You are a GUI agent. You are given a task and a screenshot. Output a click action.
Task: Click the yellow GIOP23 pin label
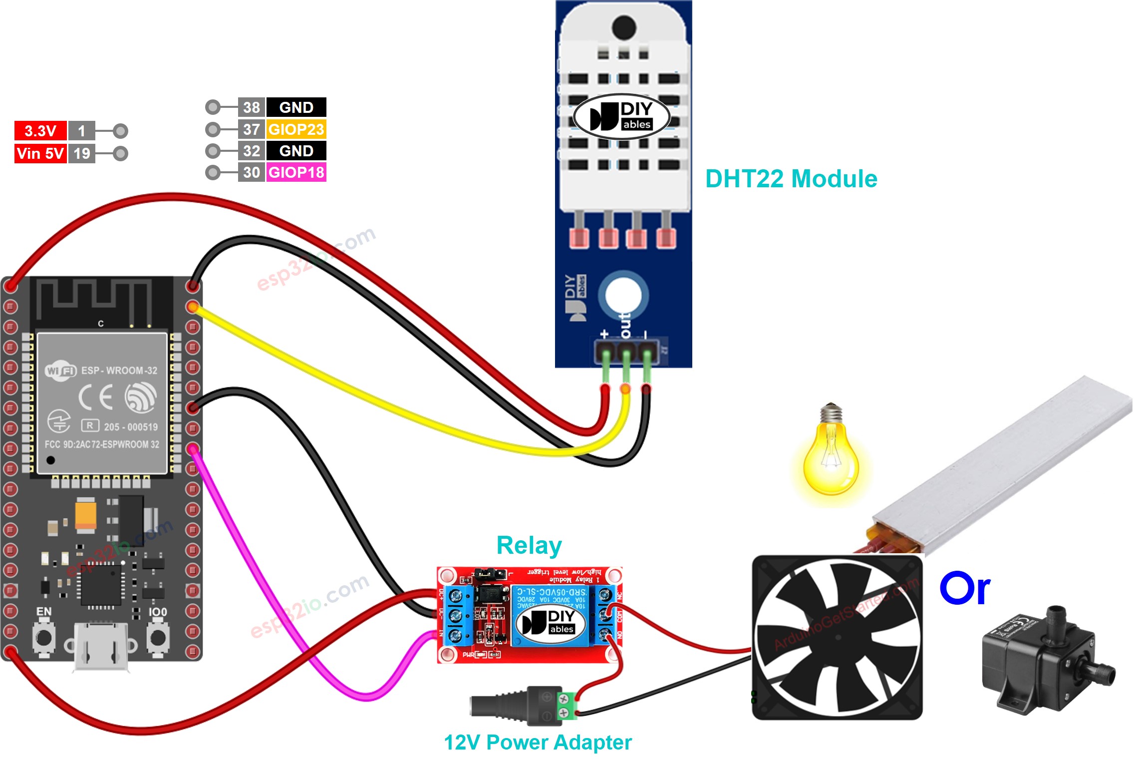[x=296, y=129]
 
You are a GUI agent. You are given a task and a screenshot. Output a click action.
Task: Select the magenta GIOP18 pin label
[x=296, y=172]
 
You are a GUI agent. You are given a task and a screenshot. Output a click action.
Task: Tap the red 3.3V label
[x=40, y=131]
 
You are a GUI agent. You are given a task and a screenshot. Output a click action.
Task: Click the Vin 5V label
[x=40, y=153]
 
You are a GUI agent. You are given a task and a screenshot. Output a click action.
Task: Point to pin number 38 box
[x=251, y=107]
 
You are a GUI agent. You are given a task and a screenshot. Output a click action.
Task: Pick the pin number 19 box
[x=81, y=153]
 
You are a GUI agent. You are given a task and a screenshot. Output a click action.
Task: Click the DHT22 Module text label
[x=791, y=179]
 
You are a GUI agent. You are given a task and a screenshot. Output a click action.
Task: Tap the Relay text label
[x=529, y=545]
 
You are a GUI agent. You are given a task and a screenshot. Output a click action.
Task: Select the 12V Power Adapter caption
[x=538, y=743]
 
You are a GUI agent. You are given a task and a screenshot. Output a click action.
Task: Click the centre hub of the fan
[x=838, y=637]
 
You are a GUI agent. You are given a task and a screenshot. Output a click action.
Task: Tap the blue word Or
[x=964, y=589]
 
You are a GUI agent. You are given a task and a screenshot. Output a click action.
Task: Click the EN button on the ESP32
[x=43, y=638]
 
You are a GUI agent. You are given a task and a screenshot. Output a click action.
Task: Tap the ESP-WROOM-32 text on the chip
[x=119, y=371]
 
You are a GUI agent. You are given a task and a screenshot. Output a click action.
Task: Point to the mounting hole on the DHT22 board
[x=623, y=295]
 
